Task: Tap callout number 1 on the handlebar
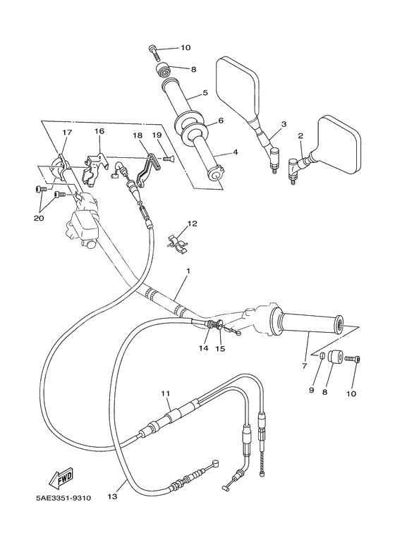pyautogui.click(x=188, y=271)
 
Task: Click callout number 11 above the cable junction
pyautogui.click(x=166, y=393)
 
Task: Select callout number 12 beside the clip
pyautogui.click(x=192, y=224)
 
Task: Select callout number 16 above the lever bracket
pyautogui.click(x=99, y=131)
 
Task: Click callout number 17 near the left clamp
pyautogui.click(x=67, y=131)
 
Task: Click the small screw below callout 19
pyautogui.click(x=168, y=159)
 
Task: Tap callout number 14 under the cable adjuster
pyautogui.click(x=204, y=348)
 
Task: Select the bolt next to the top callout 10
pyautogui.click(x=154, y=49)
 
